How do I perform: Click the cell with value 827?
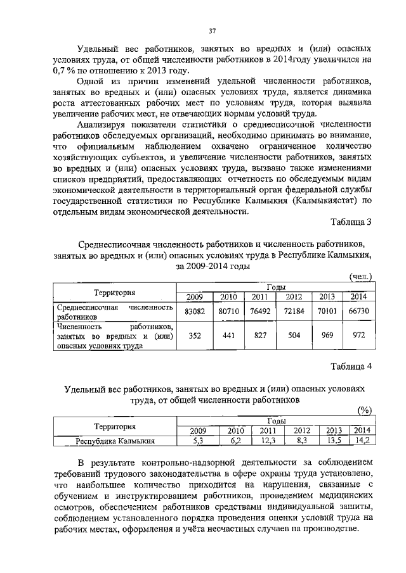click(259, 336)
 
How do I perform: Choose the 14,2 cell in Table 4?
click(359, 441)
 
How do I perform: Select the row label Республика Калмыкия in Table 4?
click(115, 441)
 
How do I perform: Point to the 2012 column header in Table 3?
click(294, 297)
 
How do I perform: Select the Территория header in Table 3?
click(115, 293)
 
